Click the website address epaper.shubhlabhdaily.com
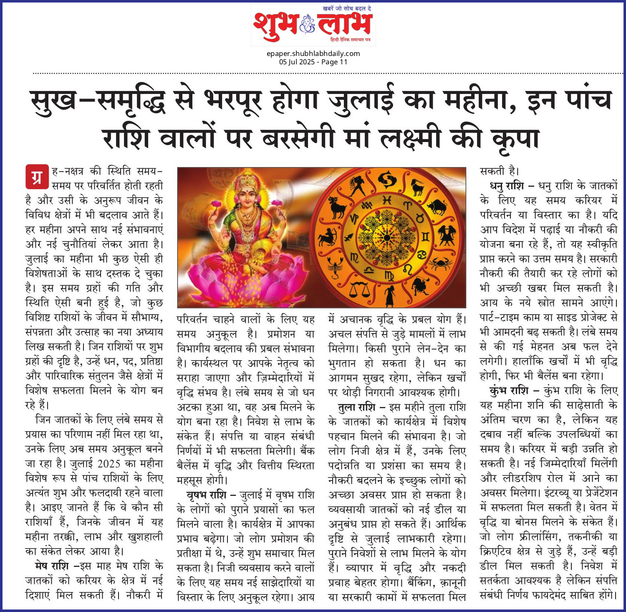[313, 53]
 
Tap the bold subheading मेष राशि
[52, 566]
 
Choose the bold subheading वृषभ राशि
[207, 495]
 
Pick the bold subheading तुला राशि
[356, 407]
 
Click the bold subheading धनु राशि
[507, 186]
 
